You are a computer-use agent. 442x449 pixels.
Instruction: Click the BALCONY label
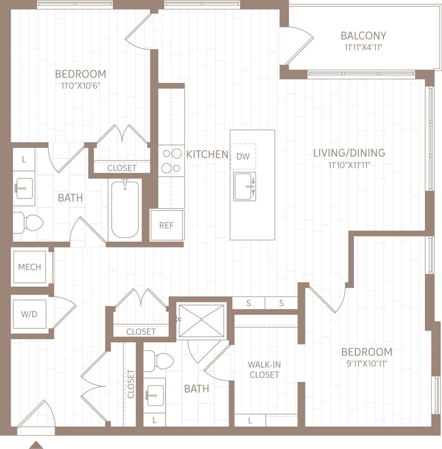pos(363,35)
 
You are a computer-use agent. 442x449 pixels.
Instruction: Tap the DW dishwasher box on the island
pos(243,156)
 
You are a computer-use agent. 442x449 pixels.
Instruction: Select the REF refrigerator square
pos(167,225)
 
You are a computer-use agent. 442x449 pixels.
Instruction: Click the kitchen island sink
pos(245,186)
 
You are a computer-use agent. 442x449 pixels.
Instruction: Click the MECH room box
pos(29,267)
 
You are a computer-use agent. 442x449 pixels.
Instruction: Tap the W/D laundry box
pos(29,314)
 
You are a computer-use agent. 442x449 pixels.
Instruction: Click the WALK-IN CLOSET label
pos(264,370)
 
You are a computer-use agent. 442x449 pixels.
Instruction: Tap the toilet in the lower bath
pos(160,361)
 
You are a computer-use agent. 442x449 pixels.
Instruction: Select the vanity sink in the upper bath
pos(24,188)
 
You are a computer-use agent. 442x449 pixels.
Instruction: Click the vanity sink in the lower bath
pos(154,394)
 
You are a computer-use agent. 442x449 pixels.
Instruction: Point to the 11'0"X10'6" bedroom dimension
pos(81,86)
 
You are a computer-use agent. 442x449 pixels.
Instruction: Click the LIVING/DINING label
pos(349,153)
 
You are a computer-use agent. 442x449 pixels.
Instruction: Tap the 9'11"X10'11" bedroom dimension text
pos(367,363)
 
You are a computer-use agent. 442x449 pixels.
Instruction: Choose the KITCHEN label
pos(207,154)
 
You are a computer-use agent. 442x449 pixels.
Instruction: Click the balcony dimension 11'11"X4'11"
pos(363,47)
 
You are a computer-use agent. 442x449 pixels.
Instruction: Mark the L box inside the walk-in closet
pos(250,420)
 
